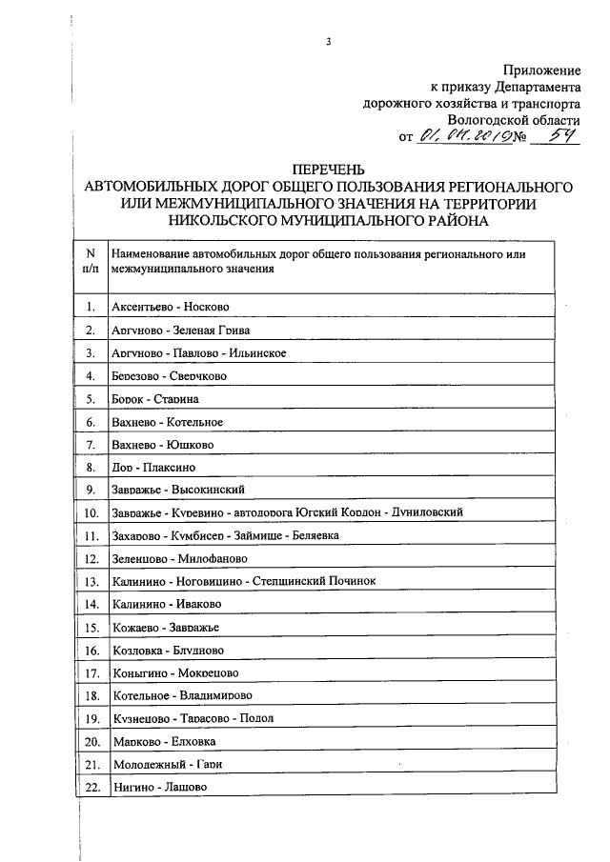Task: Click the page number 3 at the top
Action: click(x=327, y=41)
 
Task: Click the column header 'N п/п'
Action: click(x=90, y=262)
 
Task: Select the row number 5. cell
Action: click(x=90, y=399)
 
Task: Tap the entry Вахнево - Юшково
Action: click(x=163, y=445)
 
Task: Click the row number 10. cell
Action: click(x=90, y=512)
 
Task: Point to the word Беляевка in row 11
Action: click(x=312, y=535)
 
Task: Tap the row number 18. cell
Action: click(x=90, y=695)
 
